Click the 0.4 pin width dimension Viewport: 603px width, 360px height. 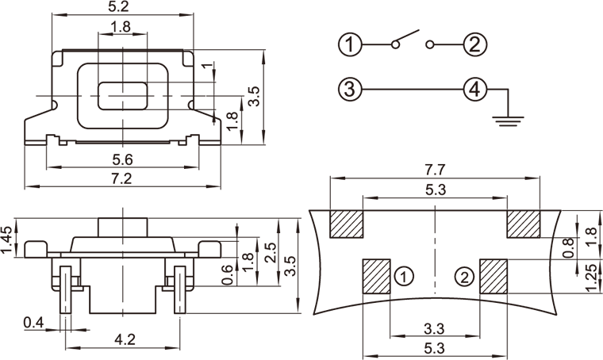[33, 322]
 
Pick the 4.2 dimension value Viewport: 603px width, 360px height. [125, 340]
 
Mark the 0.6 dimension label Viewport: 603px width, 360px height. [228, 274]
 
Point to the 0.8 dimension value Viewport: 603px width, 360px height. [567, 248]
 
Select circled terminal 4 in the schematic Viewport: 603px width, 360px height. [474, 89]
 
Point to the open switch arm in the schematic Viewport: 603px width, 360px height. [405, 38]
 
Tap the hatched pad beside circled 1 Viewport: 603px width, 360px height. [377, 276]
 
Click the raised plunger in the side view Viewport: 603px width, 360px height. [122, 226]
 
